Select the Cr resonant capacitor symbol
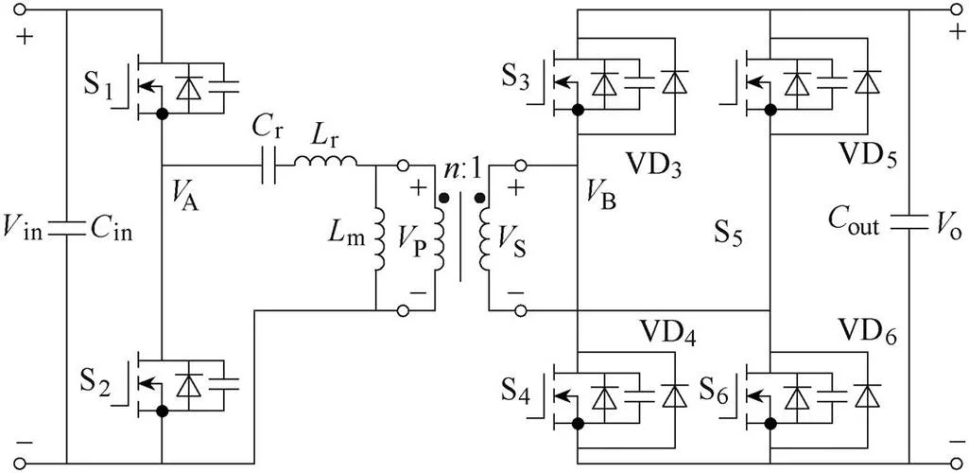coord(270,166)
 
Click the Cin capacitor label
coord(112,232)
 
